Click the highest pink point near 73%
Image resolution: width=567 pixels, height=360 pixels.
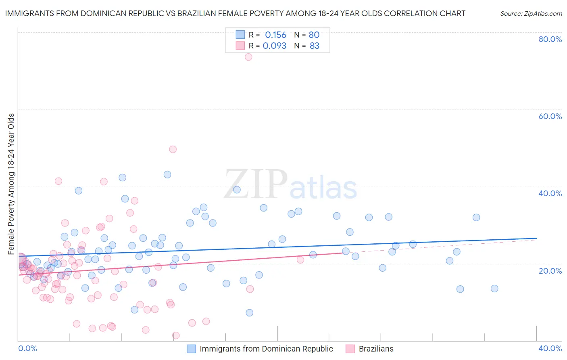click(248, 57)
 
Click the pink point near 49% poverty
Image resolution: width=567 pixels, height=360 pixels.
click(173, 149)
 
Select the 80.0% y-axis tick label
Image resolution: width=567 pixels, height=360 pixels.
click(550, 39)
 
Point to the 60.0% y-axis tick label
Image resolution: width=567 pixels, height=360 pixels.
click(550, 116)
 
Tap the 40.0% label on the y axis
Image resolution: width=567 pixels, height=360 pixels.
click(550, 193)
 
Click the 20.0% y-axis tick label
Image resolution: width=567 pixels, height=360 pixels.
click(550, 271)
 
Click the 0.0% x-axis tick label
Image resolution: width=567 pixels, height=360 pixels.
click(27, 348)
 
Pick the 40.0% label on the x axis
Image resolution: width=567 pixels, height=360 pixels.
click(550, 348)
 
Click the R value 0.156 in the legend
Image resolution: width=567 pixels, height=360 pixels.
click(275, 35)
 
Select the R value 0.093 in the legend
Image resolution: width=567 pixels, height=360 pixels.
click(274, 46)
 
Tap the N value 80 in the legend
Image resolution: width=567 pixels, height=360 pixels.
click(314, 35)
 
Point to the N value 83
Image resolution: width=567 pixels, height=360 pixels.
click(315, 46)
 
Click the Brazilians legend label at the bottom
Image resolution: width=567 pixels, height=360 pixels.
click(376, 349)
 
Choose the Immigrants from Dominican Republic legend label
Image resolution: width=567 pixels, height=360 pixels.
click(266, 349)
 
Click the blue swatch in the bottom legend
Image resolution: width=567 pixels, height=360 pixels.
click(191, 349)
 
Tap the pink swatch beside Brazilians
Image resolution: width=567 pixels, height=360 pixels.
click(350, 349)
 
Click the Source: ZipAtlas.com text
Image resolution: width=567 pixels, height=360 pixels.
click(531, 14)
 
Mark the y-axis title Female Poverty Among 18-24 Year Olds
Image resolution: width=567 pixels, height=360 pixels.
click(11, 184)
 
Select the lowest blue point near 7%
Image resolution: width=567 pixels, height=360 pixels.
click(250, 313)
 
